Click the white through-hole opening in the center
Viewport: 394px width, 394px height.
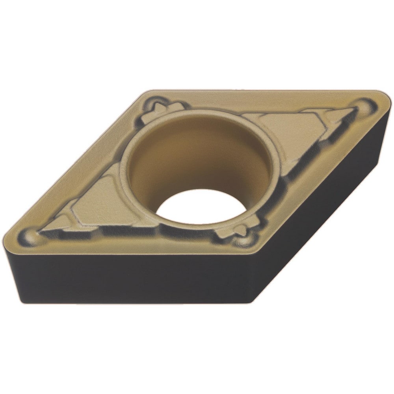201,207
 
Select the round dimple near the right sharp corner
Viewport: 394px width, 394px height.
364,106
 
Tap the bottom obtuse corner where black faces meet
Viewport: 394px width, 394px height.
252,301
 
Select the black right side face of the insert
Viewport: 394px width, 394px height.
331,205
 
